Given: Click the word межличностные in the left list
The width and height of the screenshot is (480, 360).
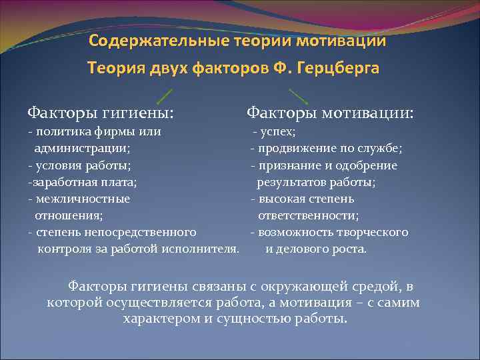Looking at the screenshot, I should [83, 198].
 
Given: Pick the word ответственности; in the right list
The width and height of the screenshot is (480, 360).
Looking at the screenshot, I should [309, 215].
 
